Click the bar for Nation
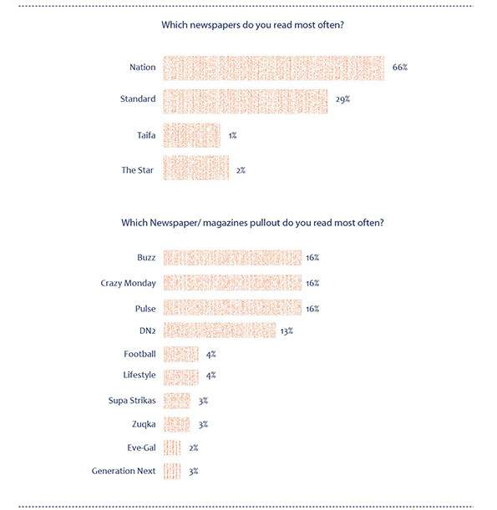[x=273, y=68]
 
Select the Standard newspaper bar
[x=246, y=102]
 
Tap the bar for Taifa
[x=192, y=135]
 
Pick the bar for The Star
[x=196, y=168]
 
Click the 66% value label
[x=399, y=68]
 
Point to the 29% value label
[x=342, y=99]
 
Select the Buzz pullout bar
[x=232, y=258]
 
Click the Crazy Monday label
[x=129, y=283]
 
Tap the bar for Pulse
[x=232, y=307]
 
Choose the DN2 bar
[x=220, y=331]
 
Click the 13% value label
[x=287, y=331]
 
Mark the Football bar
[x=181, y=354]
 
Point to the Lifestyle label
[x=139, y=376]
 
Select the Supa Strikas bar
[x=177, y=401]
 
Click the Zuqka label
[x=144, y=425]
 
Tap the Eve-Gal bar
[x=172, y=448]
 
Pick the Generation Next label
[x=124, y=471]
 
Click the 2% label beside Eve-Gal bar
[x=194, y=448]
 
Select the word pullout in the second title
[x=265, y=223]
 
